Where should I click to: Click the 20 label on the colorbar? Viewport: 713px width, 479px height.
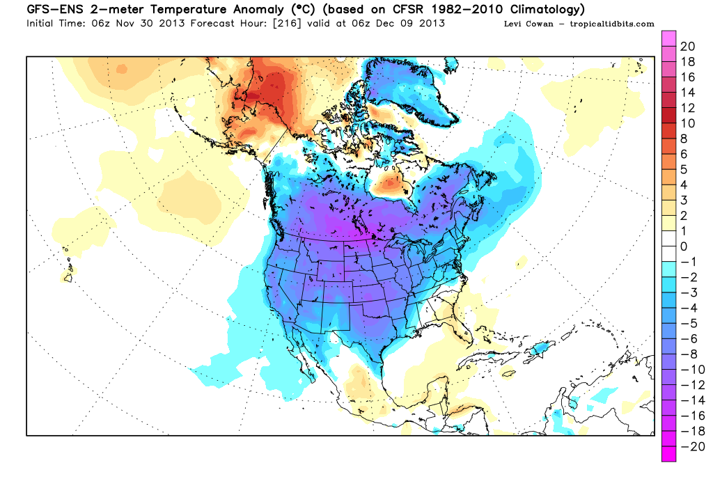click(x=688, y=47)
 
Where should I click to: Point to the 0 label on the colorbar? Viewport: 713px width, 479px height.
click(x=684, y=246)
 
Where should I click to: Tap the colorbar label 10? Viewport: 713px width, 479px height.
click(x=688, y=123)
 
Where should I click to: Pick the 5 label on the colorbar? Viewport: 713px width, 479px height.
click(x=684, y=169)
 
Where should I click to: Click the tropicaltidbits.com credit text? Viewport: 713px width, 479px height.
click(x=613, y=24)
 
